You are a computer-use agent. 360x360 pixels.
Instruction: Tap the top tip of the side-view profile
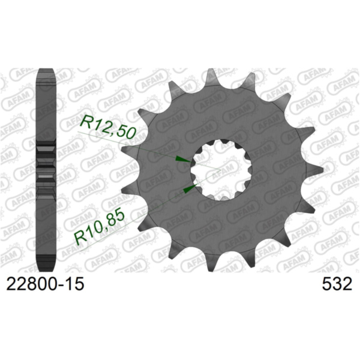(x=47, y=72)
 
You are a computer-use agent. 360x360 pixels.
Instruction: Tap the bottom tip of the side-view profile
(x=47, y=268)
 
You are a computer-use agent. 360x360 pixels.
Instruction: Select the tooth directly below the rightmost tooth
(x=304, y=208)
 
